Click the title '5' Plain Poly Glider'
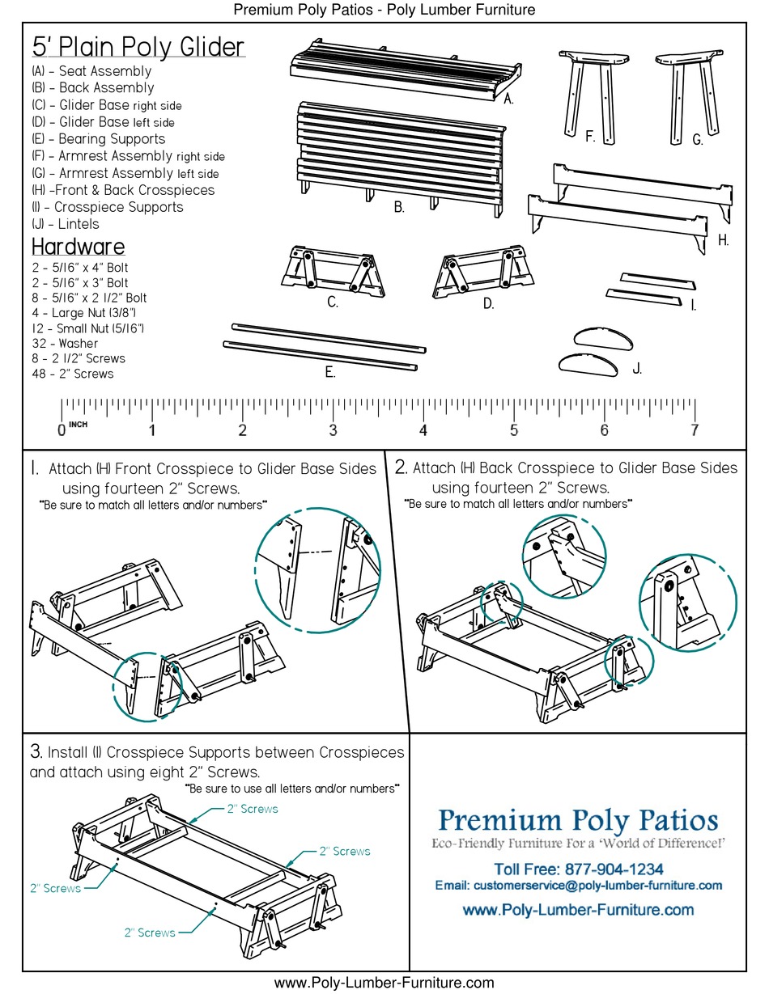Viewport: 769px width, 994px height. point(138,47)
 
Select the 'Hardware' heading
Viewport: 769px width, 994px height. point(78,247)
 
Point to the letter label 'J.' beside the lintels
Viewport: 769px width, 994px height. point(637,369)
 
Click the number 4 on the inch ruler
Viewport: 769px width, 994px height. point(423,430)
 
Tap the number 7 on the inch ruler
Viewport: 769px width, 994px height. point(694,430)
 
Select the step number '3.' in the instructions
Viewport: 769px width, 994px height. point(36,752)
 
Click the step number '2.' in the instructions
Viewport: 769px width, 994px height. point(401,467)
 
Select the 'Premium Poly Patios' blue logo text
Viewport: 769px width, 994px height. point(578,820)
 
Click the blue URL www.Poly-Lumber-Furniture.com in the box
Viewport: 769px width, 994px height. point(578,910)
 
